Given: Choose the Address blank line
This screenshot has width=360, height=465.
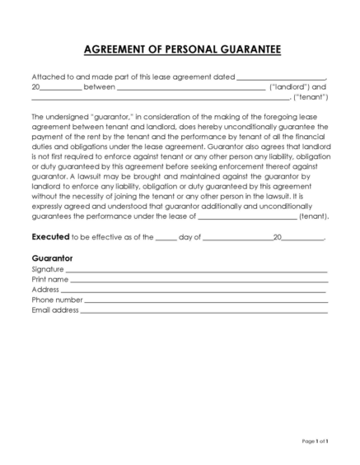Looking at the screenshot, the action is tap(194, 291).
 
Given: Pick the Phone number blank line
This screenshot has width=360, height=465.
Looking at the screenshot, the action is tap(206, 301).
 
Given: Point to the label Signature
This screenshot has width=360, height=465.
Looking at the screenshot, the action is tap(47, 269).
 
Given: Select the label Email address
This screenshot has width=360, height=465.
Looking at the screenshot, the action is tap(55, 311).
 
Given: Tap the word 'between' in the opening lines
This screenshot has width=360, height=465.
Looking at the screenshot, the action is tap(100, 86).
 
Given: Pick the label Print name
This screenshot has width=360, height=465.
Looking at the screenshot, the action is tap(49, 280).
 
